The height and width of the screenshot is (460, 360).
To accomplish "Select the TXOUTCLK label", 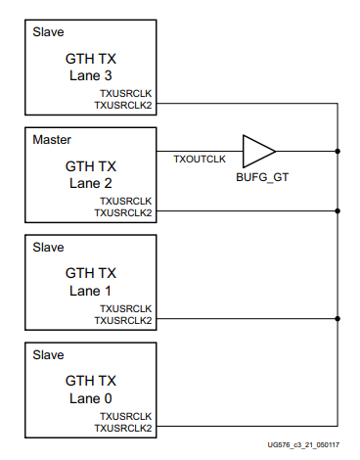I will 199,158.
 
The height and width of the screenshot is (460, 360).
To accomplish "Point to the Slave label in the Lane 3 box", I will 49,33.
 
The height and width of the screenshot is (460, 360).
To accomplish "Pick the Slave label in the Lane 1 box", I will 49,249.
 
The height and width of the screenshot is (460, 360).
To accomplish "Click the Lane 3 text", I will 91,75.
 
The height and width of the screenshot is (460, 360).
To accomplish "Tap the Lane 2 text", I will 91,183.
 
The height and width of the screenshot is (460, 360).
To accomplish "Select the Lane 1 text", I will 91,291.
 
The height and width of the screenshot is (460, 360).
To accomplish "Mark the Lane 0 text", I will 91,398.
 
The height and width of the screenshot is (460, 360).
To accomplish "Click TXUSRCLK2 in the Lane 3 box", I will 123,103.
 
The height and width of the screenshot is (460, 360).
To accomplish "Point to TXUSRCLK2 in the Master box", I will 123,210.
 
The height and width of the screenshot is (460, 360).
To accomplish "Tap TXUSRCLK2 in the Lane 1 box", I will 123,319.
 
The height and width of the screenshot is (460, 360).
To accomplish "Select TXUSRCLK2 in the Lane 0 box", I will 123,427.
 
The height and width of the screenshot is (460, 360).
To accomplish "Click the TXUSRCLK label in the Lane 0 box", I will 126,415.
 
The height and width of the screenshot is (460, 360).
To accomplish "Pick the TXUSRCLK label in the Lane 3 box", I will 126,92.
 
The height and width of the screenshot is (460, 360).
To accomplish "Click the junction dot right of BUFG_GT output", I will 337,152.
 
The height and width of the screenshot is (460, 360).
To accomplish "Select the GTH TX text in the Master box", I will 91,166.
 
